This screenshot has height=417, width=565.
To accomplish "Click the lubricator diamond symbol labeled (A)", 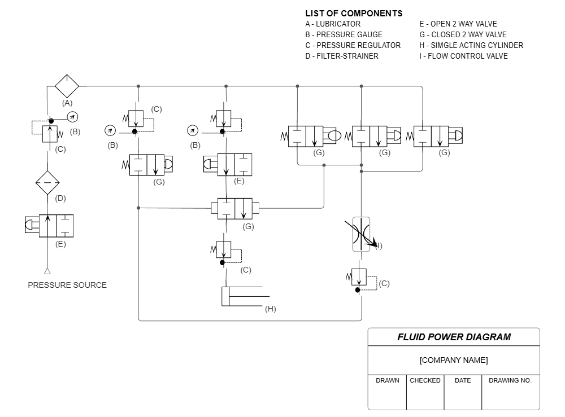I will [67, 86].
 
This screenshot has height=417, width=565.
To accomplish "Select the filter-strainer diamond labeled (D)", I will [47, 183].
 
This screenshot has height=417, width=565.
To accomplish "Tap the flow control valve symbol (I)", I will [361, 234].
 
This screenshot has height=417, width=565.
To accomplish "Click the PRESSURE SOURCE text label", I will [67, 285].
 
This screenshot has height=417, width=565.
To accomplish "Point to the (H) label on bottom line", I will [271, 309].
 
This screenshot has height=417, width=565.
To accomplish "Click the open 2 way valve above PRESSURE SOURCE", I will [56, 226].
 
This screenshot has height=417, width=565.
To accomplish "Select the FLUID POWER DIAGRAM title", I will [454, 337].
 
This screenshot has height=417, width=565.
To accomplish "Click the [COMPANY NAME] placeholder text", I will [454, 360].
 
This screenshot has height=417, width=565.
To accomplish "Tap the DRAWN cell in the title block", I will [388, 380].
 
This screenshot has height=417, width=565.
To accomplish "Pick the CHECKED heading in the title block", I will [425, 380].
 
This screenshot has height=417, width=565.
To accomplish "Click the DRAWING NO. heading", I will [510, 380].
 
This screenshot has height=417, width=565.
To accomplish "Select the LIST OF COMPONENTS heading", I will [354, 14].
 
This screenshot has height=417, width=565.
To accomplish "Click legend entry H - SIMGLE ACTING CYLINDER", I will [471, 45].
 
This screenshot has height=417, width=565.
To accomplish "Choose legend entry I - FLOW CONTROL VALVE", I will [463, 56].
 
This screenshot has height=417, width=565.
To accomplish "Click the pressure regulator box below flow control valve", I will [359, 277].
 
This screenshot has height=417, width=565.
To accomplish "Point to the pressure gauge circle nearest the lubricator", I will [72, 117].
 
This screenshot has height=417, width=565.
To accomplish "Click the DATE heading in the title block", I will [463, 380].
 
